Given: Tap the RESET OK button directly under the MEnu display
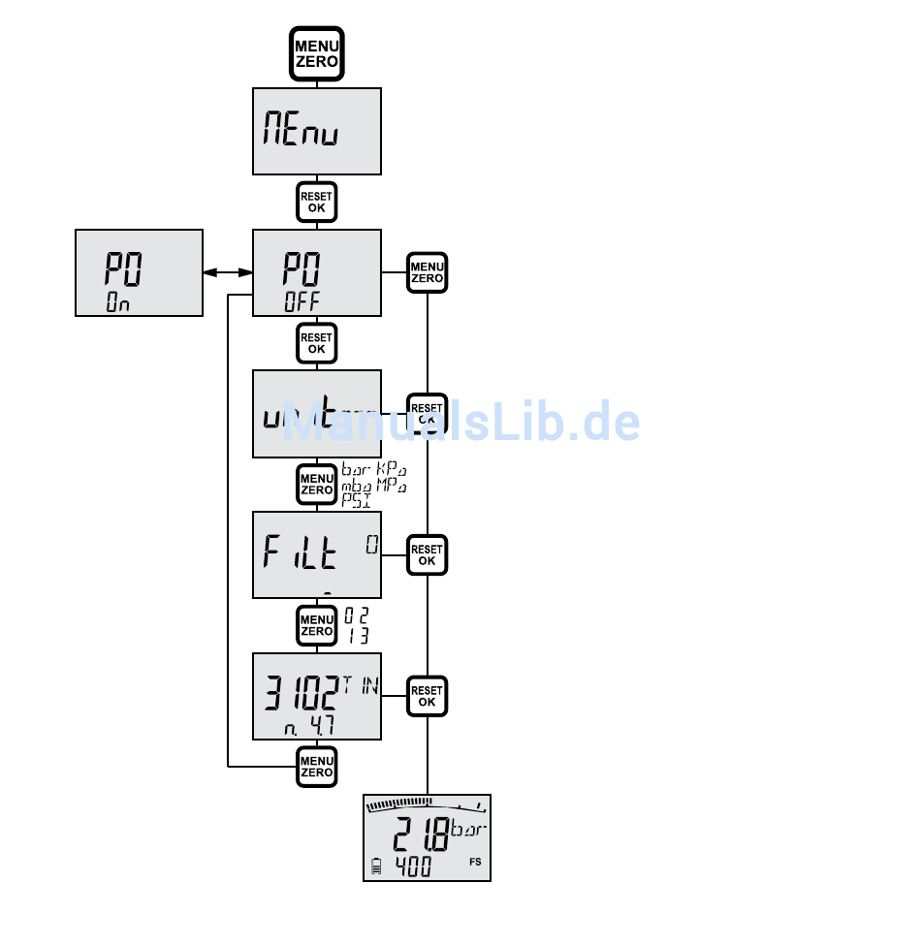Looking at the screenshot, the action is [317, 202].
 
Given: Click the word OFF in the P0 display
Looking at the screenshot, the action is [302, 300].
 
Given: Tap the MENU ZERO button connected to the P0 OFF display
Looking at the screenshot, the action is [428, 272].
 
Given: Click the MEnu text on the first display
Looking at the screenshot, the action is [301, 131].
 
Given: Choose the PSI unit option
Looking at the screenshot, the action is [356, 500].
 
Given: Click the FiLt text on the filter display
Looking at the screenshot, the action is [301, 553].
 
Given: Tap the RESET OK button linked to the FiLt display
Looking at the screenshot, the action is [428, 555].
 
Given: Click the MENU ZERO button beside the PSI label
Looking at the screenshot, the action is [317, 484].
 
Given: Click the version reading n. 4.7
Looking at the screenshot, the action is [308, 725].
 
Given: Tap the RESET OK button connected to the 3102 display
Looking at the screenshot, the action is [428, 696].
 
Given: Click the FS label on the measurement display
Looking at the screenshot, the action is [475, 862].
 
